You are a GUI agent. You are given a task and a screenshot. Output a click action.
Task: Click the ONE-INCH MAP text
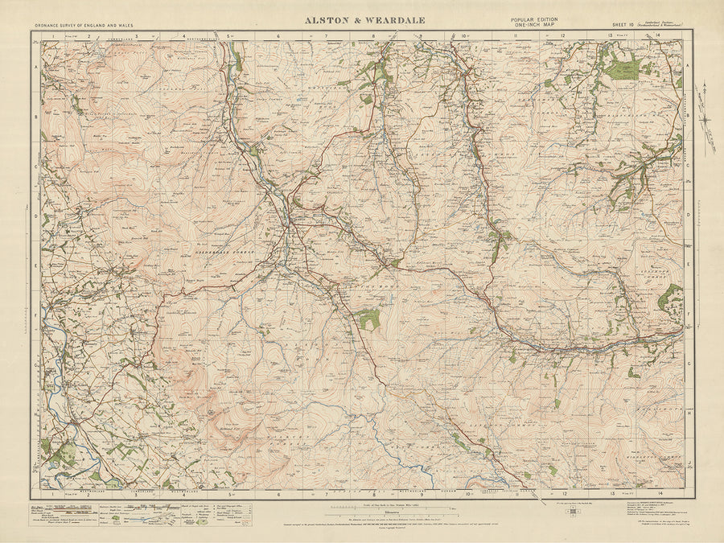point(533,25)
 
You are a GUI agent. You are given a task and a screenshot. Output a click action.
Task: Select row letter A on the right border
point(688,68)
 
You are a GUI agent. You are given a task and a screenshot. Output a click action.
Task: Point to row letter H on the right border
point(688,411)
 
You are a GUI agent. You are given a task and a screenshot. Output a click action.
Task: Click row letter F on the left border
point(36,315)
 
